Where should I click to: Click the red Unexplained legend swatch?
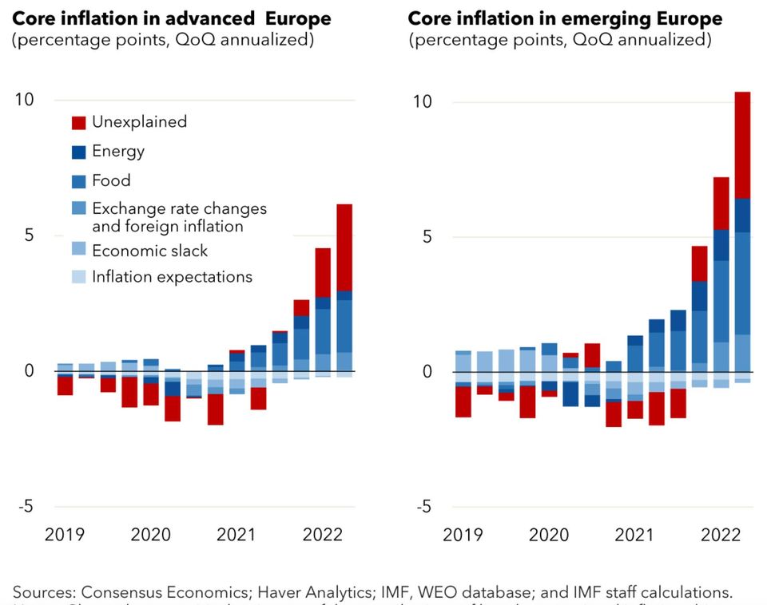click(78, 122)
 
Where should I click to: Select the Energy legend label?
click(118, 151)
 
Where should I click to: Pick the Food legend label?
click(111, 180)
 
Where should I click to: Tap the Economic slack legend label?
click(149, 251)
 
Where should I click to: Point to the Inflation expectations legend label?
click(172, 277)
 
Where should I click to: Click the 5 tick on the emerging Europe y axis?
click(427, 237)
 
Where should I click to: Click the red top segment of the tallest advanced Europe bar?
click(344, 247)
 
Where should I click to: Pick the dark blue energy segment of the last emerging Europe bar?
click(742, 215)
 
